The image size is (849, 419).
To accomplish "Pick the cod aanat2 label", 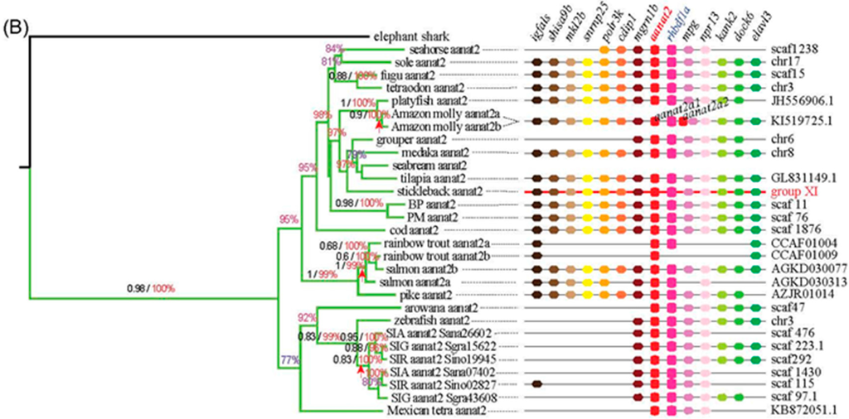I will [x=415, y=229].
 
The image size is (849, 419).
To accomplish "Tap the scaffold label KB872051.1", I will [x=803, y=410].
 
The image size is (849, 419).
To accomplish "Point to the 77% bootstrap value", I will [x=289, y=360].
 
